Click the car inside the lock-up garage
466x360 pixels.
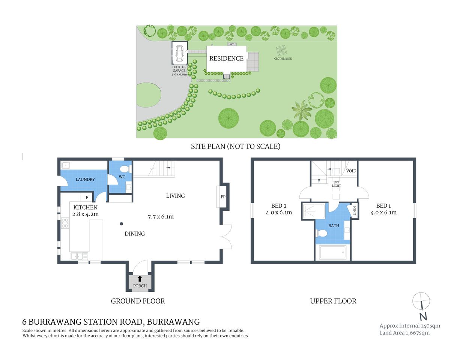click(180, 54)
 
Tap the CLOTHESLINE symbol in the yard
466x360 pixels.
click(282, 50)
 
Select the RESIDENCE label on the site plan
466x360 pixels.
click(226, 58)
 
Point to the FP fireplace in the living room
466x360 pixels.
click(223, 197)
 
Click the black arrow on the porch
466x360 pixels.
click(140, 279)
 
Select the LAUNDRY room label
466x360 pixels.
click(85, 180)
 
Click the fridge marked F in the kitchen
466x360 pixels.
click(87, 198)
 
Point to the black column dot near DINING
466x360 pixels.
click(121, 224)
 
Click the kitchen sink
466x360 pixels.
click(79, 256)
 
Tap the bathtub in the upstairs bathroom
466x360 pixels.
click(332, 252)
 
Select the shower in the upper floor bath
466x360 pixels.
click(314, 211)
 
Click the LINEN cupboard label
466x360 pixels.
click(355, 211)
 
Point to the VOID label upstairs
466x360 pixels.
click(351, 171)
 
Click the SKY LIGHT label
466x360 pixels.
click(336, 184)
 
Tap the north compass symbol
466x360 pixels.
click(421, 301)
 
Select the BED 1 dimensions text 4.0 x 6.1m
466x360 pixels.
click(383, 213)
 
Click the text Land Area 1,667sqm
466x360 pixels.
click(404, 333)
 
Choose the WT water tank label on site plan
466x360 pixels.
click(232, 45)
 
